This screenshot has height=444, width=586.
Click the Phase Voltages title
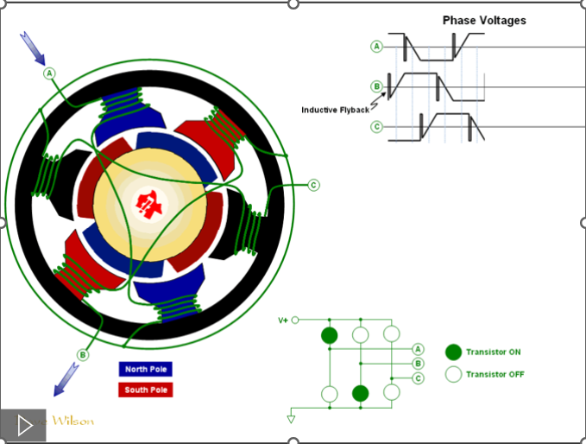[x=484, y=20]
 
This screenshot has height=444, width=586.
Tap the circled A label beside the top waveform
[x=377, y=47]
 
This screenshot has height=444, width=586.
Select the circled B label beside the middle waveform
[x=377, y=86]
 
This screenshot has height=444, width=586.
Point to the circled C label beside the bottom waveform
[x=377, y=127]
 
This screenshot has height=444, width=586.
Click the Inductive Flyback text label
[x=335, y=110]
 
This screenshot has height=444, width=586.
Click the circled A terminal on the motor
[x=50, y=73]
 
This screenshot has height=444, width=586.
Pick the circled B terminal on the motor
[x=83, y=354]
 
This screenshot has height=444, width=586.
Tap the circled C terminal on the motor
[x=313, y=184]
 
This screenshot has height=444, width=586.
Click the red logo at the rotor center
[x=149, y=204]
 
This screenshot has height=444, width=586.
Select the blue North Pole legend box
[x=146, y=369]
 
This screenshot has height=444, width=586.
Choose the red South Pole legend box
[x=146, y=390]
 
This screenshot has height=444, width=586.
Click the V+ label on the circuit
[x=283, y=320]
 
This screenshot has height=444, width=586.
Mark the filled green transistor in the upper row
[x=329, y=334]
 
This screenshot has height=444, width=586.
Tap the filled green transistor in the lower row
[x=361, y=394]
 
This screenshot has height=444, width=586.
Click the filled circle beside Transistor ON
[x=453, y=352]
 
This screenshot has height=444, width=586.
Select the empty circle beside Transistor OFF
[x=453, y=374]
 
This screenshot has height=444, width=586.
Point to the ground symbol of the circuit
[x=291, y=419]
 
